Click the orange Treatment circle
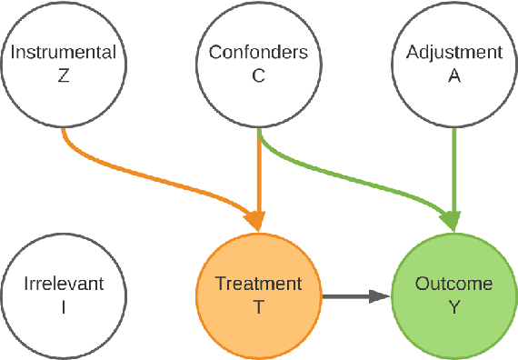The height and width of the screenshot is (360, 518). [x=259, y=295]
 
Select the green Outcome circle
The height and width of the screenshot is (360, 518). [x=453, y=295]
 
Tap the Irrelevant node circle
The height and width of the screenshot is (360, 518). [x=64, y=295]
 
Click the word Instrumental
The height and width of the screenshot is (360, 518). [x=64, y=53]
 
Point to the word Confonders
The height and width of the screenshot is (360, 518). [x=259, y=53]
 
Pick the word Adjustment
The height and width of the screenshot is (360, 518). [x=453, y=53]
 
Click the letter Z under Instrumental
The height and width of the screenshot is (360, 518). [x=64, y=76]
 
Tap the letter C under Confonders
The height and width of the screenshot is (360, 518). [x=259, y=76]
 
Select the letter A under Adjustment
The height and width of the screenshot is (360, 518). [x=453, y=76]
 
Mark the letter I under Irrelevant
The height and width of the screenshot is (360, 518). [x=64, y=307]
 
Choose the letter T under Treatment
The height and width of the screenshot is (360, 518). [x=259, y=307]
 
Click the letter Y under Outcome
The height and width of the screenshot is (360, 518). [x=453, y=307]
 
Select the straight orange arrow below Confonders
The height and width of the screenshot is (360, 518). [x=259, y=173]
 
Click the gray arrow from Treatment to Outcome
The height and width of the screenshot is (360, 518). [x=350, y=295]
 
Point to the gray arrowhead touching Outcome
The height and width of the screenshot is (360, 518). [x=380, y=295]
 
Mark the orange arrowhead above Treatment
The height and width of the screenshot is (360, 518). [x=258, y=221]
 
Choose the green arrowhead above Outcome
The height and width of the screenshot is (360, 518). [x=452, y=221]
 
